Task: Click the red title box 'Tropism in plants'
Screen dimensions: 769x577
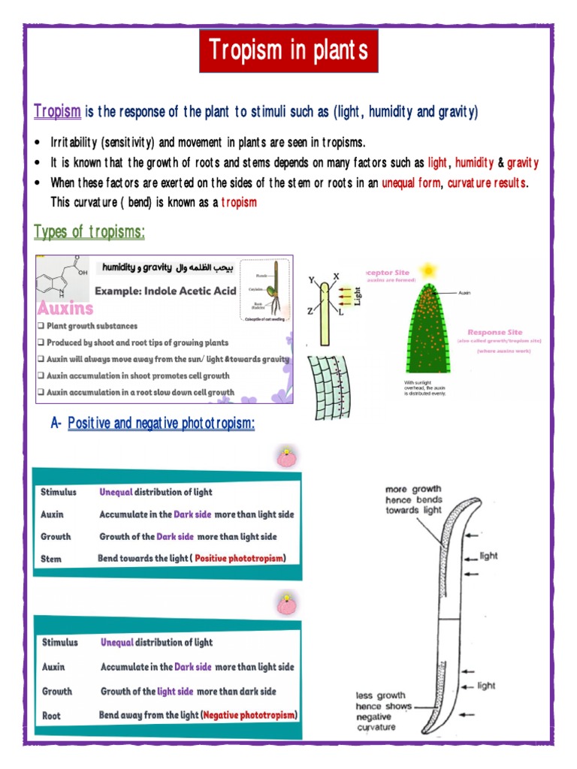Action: point(288,51)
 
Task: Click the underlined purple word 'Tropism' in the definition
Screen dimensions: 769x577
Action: point(57,112)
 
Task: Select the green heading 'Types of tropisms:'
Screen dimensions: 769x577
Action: point(89,232)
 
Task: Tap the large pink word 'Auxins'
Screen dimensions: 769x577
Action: point(65,308)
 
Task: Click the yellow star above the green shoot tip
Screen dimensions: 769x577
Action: point(429,268)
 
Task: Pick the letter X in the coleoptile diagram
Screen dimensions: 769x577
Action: point(336,277)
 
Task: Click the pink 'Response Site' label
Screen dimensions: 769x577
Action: point(494,332)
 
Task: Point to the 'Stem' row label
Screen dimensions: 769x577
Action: point(51,559)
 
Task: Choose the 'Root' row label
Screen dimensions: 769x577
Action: point(51,716)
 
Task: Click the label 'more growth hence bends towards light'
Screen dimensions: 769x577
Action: point(413,500)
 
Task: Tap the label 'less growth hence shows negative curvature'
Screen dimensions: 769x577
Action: point(384,712)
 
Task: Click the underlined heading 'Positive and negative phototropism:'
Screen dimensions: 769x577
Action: point(161,424)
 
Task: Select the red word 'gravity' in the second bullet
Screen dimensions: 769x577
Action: point(522,163)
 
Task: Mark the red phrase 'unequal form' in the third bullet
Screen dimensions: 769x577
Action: point(411,182)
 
